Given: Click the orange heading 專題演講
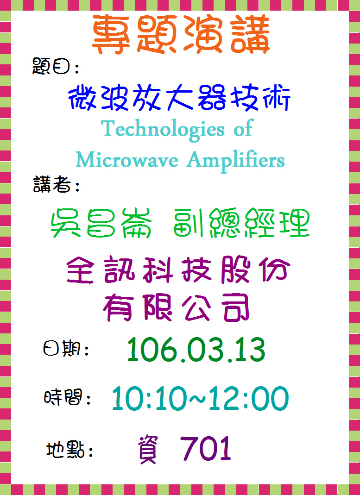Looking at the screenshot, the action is pyautogui.click(x=181, y=34).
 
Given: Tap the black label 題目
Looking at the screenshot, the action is pyautogui.click(x=51, y=66).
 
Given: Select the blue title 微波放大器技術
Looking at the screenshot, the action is pyautogui.click(x=179, y=98).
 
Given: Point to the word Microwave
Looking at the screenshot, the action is pyautogui.click(x=127, y=160).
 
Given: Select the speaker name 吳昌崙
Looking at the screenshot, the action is pyautogui.click(x=101, y=223).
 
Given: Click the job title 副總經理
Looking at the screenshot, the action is pyautogui.click(x=241, y=223).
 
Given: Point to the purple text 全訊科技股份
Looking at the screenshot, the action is pyautogui.click(x=179, y=269).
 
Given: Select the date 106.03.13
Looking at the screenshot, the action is pyautogui.click(x=196, y=350).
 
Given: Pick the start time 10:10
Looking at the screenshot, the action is pyautogui.click(x=148, y=398).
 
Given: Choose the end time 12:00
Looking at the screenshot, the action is pyautogui.click(x=249, y=398).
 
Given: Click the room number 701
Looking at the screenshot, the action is pyautogui.click(x=205, y=449).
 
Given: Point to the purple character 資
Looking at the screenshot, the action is pyautogui.click(x=147, y=450).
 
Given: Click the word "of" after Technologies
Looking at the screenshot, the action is pyautogui.click(x=243, y=129).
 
